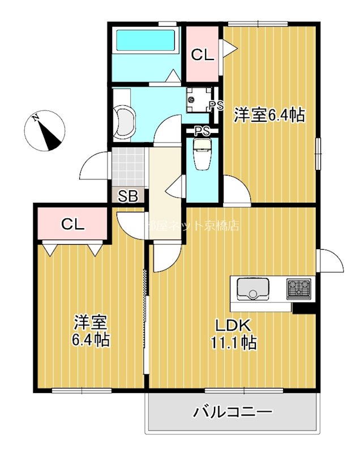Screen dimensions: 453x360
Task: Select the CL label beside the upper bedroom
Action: coord(202,55)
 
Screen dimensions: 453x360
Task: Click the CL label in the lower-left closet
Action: coord(72,224)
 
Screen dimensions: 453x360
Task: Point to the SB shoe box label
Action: coord(128,196)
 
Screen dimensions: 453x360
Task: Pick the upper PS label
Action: coord(216,105)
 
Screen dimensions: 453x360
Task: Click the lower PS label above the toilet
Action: coord(202,131)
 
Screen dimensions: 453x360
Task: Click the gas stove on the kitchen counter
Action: coord(298,289)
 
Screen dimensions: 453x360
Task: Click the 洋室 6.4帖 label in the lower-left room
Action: coord(91,331)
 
